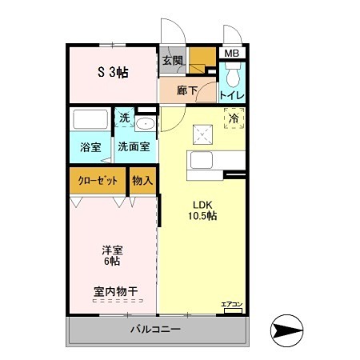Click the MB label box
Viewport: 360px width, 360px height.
point(231,54)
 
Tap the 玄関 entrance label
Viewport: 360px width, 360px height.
point(172,61)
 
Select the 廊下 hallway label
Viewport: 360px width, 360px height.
point(187,90)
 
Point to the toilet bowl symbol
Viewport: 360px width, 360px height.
point(232,76)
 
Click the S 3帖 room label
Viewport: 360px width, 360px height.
point(113,71)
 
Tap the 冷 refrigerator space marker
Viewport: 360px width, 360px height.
point(234,118)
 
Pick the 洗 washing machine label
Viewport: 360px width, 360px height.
point(124,118)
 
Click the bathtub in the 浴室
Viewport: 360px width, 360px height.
point(89,120)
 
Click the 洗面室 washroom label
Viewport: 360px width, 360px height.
point(134,146)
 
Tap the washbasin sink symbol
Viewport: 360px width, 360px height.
point(145,124)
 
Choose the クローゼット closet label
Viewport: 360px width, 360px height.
point(98,180)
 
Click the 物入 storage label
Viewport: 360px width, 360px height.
point(142,180)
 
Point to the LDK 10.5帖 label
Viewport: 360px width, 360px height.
point(202,209)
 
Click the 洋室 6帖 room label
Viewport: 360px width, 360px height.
point(111,255)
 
